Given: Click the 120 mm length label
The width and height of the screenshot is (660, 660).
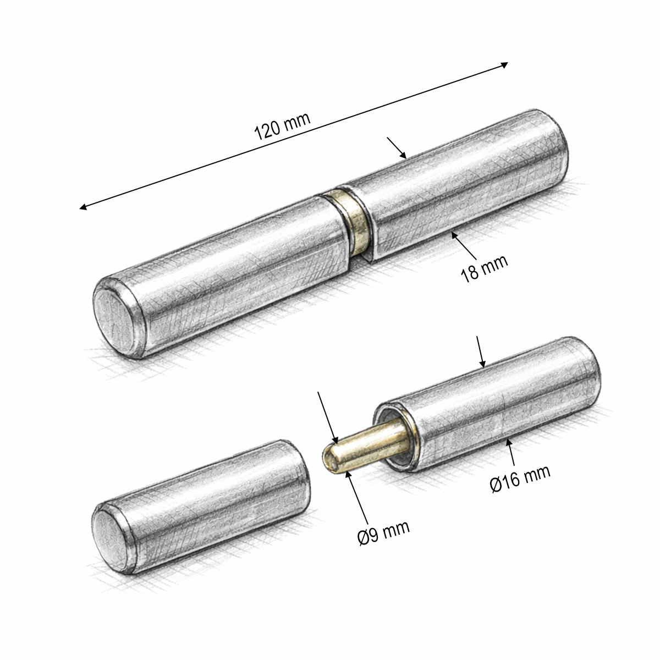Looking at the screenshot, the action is point(282,126).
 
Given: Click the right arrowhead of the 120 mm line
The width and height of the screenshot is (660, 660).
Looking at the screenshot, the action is point(504,65).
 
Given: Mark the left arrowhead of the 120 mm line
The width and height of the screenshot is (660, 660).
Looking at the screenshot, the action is point(83,207).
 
